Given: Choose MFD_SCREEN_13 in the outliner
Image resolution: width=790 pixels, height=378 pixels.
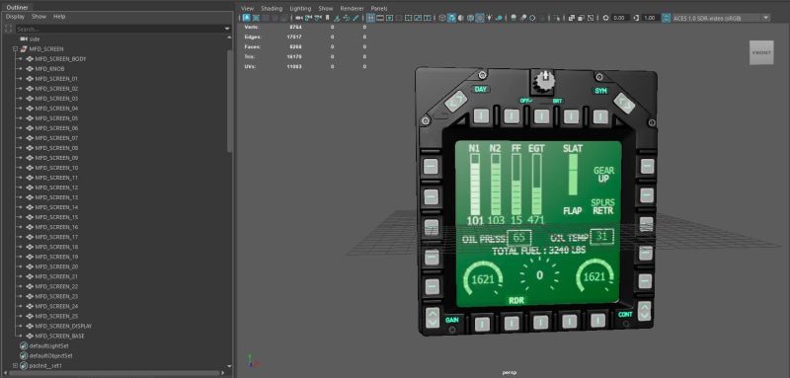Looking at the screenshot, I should pos(56,197).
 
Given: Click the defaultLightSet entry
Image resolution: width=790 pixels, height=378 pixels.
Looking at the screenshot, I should pos(50,346).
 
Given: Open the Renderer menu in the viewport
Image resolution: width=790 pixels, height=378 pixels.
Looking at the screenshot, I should pos(352,7).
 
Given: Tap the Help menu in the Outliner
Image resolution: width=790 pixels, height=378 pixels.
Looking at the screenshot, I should pos(59,17).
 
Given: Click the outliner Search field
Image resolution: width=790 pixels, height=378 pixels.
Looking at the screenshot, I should pos(118,29).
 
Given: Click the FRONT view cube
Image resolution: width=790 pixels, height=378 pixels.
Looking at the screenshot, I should pos(761,51).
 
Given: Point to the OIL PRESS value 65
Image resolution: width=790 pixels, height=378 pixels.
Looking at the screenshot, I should pos(521,238).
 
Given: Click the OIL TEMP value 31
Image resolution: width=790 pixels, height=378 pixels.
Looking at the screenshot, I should pos(601,236).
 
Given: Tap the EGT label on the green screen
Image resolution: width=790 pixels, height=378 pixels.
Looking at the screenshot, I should pos(536,149).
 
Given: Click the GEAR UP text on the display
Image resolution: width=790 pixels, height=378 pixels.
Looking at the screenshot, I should pos(602,174).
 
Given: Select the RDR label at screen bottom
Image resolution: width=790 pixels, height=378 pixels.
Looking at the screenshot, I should pos(515,300).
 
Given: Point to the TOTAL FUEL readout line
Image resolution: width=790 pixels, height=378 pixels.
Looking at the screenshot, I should pos(539,252).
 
